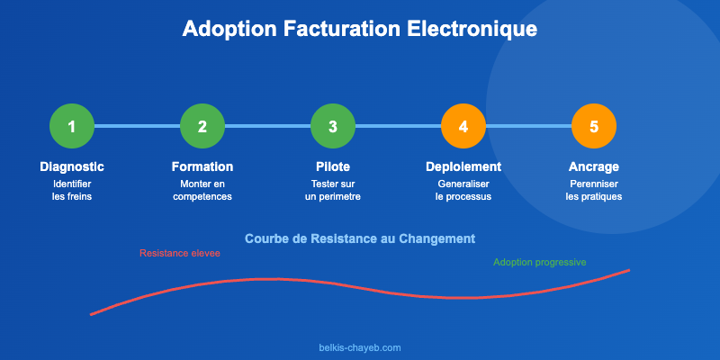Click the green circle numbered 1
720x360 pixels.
pyautogui.click(x=72, y=126)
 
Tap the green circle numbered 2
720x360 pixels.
pyautogui.click(x=202, y=126)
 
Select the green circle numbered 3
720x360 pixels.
pyautogui.click(x=333, y=126)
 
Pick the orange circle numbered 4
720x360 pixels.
pyautogui.click(x=463, y=126)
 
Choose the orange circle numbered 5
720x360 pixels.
pyautogui.click(x=594, y=126)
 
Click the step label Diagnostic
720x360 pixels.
pyautogui.click(x=72, y=166)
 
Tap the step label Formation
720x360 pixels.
pyautogui.click(x=202, y=166)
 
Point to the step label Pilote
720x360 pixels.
pyautogui.click(x=333, y=166)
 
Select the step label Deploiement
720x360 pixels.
pyautogui.click(x=463, y=166)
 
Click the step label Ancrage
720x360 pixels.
pyautogui.click(x=594, y=166)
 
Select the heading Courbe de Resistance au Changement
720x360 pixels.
pyautogui.click(x=360, y=238)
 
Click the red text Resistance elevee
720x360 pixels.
pyautogui.click(x=180, y=253)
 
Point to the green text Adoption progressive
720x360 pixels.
pyautogui.click(x=540, y=262)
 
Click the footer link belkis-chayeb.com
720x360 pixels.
pyautogui.click(x=360, y=346)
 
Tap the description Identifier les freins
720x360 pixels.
pyautogui.click(x=72, y=190)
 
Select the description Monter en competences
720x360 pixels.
pyautogui.click(x=202, y=190)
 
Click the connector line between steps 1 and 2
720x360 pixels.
pyautogui.click(x=137, y=126)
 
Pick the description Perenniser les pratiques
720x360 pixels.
pyautogui.click(x=594, y=190)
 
